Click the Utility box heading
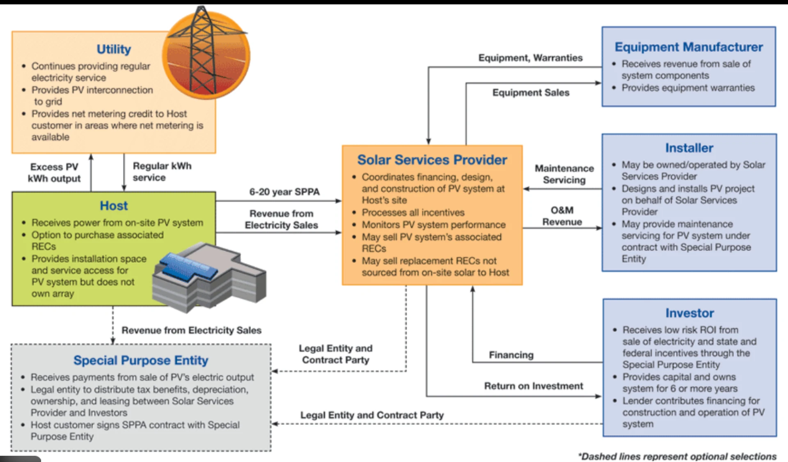click(114, 49)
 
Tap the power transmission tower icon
click(205, 53)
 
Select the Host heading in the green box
click(114, 206)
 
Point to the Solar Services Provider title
click(432, 160)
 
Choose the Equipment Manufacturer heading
click(688, 47)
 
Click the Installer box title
click(689, 148)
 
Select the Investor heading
click(689, 313)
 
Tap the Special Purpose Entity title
click(141, 360)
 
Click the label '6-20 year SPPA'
click(284, 192)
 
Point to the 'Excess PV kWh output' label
click(54, 172)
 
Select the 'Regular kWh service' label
click(162, 172)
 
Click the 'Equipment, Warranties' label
click(530, 58)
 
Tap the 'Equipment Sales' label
click(531, 92)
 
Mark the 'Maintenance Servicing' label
click(564, 174)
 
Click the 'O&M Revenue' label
click(562, 216)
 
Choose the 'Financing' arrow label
click(511, 355)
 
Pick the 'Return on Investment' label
click(533, 386)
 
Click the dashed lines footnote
click(677, 456)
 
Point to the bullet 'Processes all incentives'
click(413, 213)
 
